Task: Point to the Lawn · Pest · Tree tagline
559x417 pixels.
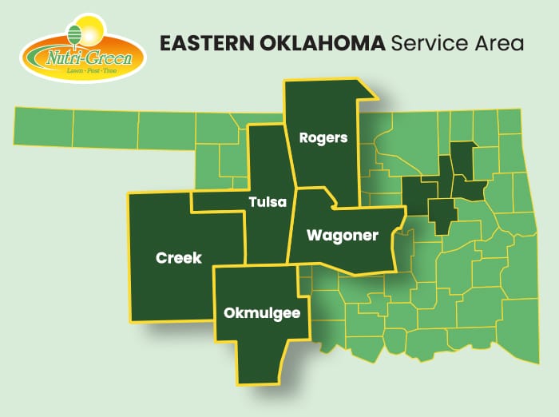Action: click(x=88, y=71)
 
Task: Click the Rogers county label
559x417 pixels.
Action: click(x=323, y=137)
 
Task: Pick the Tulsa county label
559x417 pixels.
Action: click(x=267, y=202)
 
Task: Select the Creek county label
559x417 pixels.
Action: click(x=179, y=257)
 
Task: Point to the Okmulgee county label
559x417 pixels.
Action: click(x=262, y=313)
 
